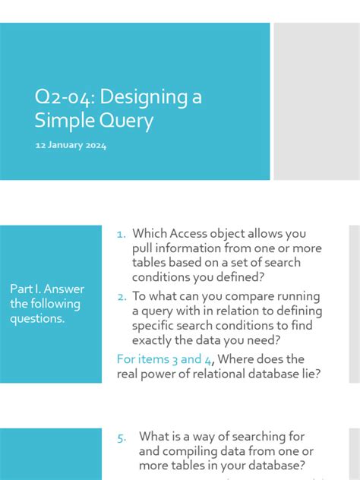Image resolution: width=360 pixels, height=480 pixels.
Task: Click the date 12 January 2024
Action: (71, 145)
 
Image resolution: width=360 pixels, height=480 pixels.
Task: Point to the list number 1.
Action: (121, 235)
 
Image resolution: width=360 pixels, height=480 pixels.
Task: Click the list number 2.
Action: (122, 296)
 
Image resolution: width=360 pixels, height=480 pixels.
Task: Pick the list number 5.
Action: (122, 437)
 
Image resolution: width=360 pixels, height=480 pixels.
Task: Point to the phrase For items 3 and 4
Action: (159, 359)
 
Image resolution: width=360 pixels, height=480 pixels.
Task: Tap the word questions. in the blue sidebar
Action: (37, 319)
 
